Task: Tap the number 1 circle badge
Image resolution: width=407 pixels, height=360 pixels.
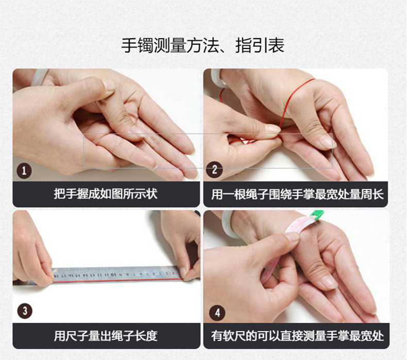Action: pos(24,169)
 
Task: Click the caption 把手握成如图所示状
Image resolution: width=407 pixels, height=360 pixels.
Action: pos(106,195)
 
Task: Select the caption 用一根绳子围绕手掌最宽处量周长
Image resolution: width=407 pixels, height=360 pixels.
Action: pos(297,195)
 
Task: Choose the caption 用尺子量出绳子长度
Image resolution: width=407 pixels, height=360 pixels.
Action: pos(106,336)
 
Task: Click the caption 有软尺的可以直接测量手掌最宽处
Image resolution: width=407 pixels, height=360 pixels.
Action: pos(297,336)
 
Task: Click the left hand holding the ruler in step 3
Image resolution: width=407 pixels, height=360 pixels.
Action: pos(31,252)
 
